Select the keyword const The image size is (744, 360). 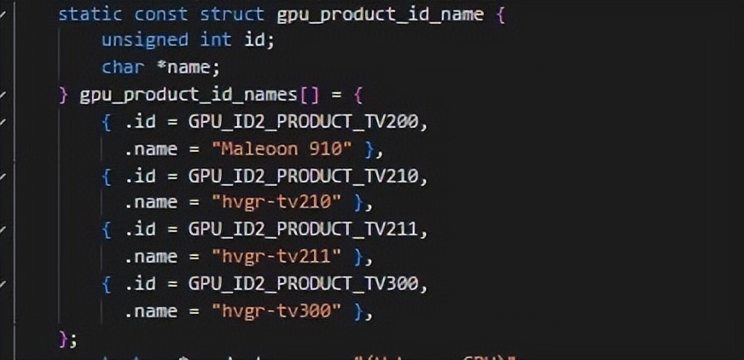(161, 15)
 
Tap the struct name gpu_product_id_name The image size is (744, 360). (381, 15)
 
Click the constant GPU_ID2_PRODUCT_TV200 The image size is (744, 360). (305, 121)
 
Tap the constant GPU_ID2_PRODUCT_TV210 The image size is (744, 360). (305, 176)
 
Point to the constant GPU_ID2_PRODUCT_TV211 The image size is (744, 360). (305, 229)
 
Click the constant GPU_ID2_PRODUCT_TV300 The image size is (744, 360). (305, 284)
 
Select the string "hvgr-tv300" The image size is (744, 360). (276, 311)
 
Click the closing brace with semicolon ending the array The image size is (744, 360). (67, 338)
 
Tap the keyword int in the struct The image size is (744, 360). (216, 40)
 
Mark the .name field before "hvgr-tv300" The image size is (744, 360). (151, 311)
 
